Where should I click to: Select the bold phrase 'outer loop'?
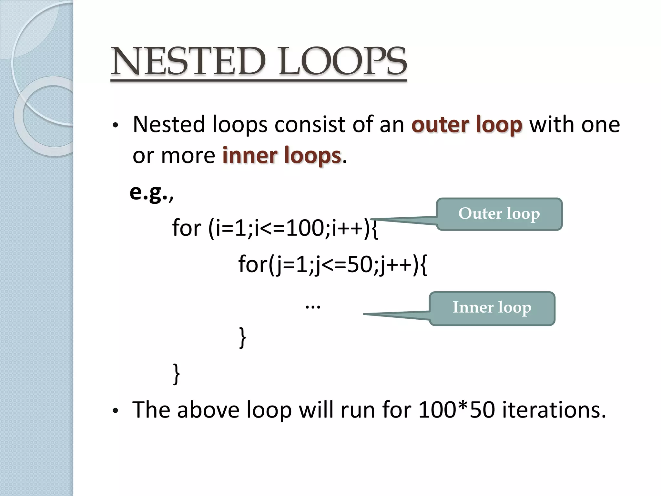[x=467, y=125]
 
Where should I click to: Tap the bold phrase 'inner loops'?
[x=281, y=156]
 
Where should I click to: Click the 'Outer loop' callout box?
[x=499, y=214]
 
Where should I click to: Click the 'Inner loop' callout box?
[x=492, y=308]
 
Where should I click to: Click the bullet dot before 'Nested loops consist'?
[x=116, y=126]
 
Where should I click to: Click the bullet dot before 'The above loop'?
[x=116, y=411]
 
